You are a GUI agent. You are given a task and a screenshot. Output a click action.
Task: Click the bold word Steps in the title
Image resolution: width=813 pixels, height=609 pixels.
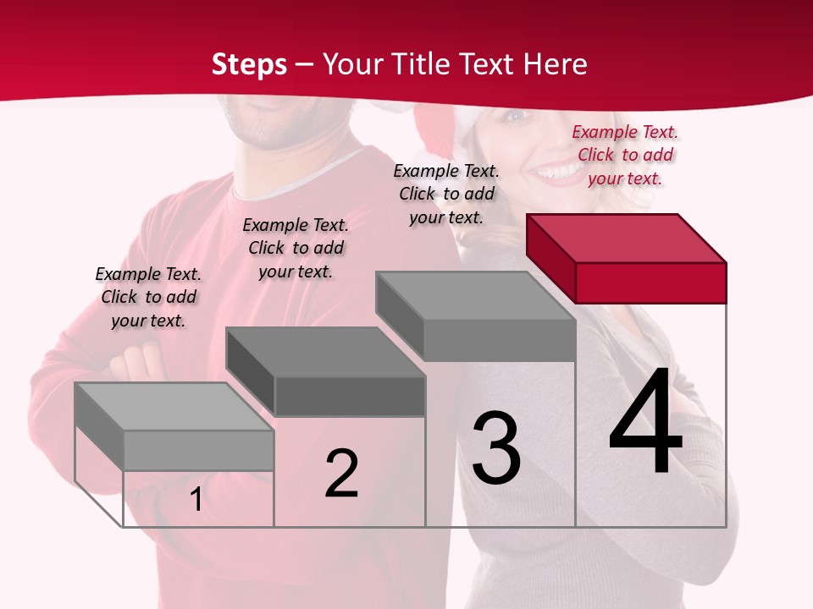(248, 64)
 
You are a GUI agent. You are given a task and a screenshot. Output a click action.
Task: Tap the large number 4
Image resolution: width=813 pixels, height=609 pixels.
(645, 423)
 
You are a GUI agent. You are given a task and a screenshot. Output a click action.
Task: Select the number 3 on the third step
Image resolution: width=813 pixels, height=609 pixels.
(495, 447)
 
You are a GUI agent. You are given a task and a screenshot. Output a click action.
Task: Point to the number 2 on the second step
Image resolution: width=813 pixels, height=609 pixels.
(341, 474)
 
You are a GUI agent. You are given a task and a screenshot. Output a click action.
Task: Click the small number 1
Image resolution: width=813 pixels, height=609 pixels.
(196, 500)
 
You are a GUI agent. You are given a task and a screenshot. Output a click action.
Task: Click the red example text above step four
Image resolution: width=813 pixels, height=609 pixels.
(625, 155)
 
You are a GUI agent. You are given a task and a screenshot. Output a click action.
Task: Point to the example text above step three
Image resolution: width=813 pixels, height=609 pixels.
(446, 194)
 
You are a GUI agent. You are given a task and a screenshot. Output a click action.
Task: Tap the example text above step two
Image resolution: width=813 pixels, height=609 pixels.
(296, 248)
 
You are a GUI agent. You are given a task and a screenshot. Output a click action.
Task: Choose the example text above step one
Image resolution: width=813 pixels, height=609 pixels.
(148, 297)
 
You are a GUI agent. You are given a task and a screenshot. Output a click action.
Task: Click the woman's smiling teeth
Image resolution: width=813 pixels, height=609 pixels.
(556, 173)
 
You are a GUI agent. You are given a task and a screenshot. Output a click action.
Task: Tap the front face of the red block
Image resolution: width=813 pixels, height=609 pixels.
(650, 283)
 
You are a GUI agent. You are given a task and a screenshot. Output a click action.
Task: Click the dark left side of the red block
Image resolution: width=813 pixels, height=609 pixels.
(550, 258)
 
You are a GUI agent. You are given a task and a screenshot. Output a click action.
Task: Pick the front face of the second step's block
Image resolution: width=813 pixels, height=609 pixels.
(350, 396)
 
